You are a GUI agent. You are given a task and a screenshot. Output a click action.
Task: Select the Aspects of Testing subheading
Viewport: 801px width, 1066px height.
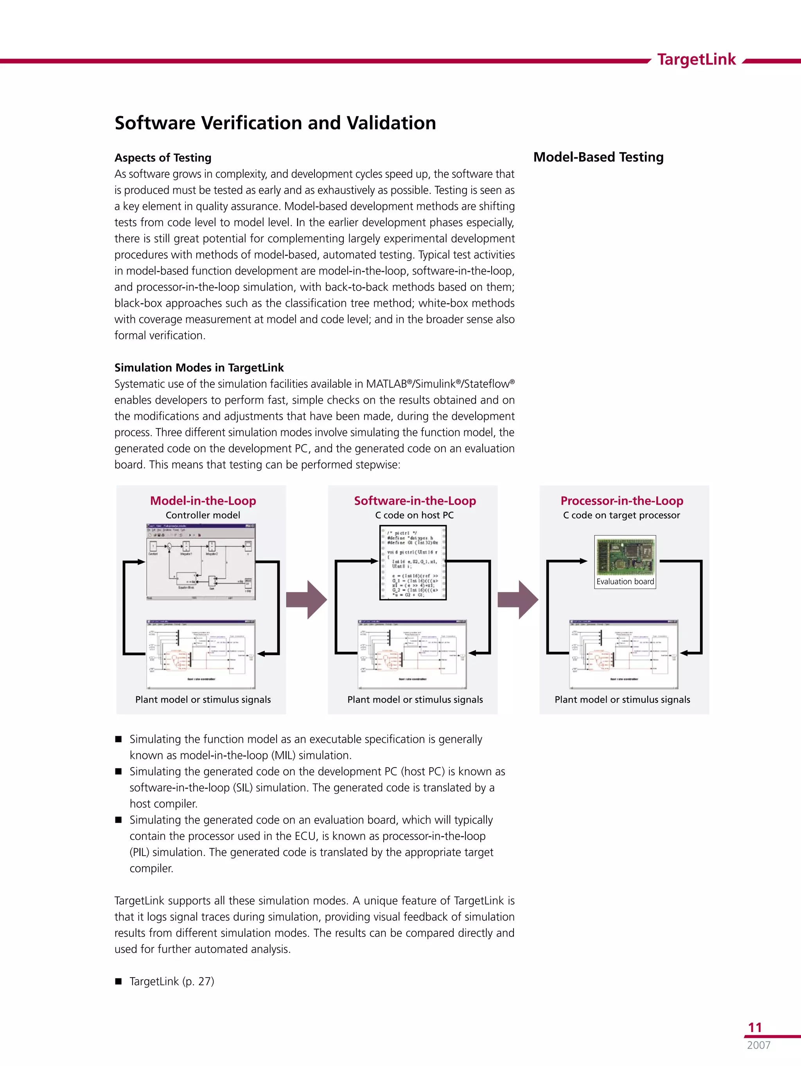coord(163,158)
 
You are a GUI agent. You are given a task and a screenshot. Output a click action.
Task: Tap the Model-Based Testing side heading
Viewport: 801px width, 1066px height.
coord(598,157)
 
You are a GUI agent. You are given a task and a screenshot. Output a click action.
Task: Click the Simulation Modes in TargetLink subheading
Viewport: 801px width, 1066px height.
coord(199,368)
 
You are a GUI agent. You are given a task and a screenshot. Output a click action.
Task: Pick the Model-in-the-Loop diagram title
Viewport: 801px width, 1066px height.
coord(203,500)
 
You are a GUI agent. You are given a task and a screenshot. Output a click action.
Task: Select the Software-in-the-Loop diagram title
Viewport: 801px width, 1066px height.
coord(415,500)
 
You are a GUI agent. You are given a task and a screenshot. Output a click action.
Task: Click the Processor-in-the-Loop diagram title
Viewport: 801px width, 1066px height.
coord(622,500)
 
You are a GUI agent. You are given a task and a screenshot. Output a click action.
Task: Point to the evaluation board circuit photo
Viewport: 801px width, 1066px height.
coord(625,556)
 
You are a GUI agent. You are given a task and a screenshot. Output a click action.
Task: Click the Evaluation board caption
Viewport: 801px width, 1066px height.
coord(625,582)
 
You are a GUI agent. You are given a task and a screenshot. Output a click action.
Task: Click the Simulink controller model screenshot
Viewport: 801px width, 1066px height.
coord(201,562)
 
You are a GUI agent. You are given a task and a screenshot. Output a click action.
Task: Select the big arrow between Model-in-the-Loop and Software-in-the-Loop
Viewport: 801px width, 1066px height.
coord(307,600)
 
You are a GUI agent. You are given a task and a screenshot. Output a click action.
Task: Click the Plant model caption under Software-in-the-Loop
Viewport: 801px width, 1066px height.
coord(415,699)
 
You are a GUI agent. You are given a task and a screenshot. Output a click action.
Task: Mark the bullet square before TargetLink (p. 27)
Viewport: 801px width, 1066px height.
coord(119,982)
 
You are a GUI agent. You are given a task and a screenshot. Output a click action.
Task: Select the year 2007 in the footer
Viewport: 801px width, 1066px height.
coord(759,1045)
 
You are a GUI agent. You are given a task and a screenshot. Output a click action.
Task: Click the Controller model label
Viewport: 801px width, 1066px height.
coord(203,515)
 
